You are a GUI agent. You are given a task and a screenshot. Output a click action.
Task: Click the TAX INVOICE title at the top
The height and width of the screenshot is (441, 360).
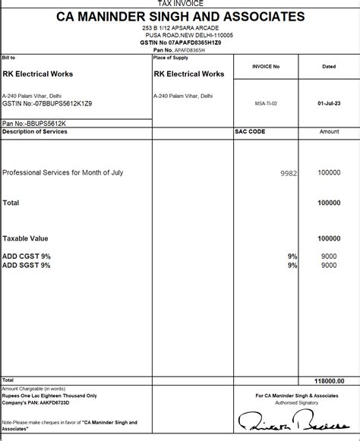pos(180,4)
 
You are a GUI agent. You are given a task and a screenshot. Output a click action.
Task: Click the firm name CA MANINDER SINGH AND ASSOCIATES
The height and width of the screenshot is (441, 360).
pos(180,16)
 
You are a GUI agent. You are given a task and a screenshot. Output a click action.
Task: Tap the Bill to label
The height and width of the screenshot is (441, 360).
pos(9,58)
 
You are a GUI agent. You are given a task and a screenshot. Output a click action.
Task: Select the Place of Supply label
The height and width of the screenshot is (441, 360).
pos(170,58)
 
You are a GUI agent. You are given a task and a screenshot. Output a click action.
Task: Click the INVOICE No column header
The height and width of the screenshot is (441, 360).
pos(266,67)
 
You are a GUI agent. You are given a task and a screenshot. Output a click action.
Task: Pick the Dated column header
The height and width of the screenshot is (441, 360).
pos(329,67)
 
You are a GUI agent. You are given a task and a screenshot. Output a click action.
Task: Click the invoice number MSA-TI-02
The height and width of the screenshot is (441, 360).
pos(266,102)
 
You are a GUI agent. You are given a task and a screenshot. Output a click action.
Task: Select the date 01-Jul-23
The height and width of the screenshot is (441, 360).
pos(329,102)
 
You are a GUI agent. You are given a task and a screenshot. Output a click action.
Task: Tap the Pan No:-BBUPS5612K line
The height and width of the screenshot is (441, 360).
pos(35,122)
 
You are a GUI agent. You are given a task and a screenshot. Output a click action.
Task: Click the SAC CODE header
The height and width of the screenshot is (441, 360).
pos(250,131)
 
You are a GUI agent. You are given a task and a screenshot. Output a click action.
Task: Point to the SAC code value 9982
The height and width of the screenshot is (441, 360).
pos(288,173)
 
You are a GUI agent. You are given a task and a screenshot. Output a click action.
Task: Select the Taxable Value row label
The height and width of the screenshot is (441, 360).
pos(26,238)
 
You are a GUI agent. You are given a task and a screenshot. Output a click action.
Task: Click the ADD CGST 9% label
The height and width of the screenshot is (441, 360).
pos(27,257)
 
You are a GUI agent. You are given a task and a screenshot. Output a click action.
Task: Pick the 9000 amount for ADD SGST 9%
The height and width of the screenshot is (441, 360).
pos(329,266)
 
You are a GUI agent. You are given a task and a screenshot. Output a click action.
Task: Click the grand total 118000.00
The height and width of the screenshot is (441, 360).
pos(329,381)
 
